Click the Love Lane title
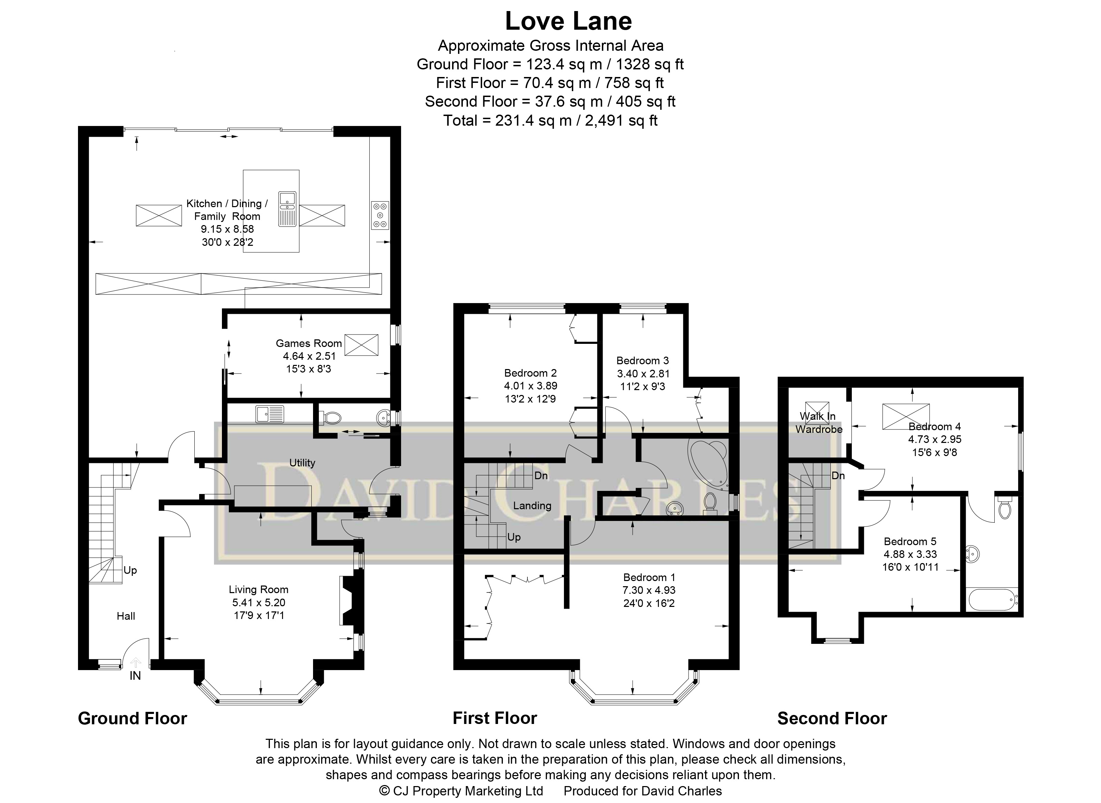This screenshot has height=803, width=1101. [x=568, y=21]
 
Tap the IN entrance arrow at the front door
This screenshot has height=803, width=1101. [x=136, y=662]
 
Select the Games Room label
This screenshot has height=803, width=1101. [x=309, y=343]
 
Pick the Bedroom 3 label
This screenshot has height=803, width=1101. [x=642, y=361]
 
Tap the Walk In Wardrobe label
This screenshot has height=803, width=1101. [x=819, y=423]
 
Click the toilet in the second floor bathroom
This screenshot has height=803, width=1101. [x=1004, y=508]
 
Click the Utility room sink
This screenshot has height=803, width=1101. [x=270, y=414]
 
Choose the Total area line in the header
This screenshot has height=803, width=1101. [x=550, y=120]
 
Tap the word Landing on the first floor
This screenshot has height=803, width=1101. [x=532, y=505]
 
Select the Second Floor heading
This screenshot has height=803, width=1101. [x=832, y=718]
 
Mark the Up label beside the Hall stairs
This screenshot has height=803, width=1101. [x=130, y=570]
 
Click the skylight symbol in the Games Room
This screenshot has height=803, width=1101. [x=361, y=345]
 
